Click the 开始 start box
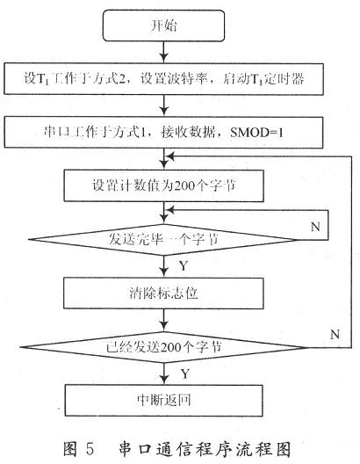pyautogui.click(x=163, y=25)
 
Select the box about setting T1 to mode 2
pyautogui.click(x=163, y=79)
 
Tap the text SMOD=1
pyautogui.click(x=256, y=133)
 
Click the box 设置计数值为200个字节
pyautogui.click(x=163, y=185)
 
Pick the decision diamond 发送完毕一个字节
pyautogui.click(x=163, y=239)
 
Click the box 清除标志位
pyautogui.click(x=163, y=293)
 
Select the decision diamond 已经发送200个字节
pyautogui.click(x=163, y=347)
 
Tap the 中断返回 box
pyautogui.click(x=163, y=401)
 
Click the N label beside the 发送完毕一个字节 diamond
pyautogui.click(x=315, y=227)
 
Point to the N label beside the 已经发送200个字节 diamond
pyautogui.click(x=335, y=335)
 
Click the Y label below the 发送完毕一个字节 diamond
pyautogui.click(x=184, y=265)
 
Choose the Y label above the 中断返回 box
pyautogui.click(x=184, y=374)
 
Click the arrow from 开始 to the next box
pyautogui.click(x=163, y=52)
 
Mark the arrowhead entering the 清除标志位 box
pyautogui.click(x=163, y=272)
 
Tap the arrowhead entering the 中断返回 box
pyautogui.click(x=163, y=380)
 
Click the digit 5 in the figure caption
pyautogui.click(x=90, y=449)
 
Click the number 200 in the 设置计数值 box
pyautogui.click(x=184, y=186)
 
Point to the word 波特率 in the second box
pyautogui.click(x=189, y=79)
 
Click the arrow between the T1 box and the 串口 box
pyautogui.click(x=163, y=105)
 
